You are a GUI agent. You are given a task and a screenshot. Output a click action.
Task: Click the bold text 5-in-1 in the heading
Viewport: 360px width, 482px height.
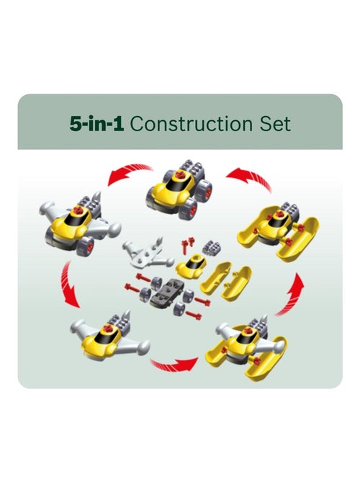pos(96,124)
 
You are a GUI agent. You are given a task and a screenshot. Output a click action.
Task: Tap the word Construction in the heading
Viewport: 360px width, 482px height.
pos(192,124)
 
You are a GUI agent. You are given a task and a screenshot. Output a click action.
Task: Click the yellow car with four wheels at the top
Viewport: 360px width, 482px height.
pos(180,190)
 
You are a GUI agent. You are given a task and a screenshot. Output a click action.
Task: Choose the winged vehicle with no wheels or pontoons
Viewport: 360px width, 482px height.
pos(110,336)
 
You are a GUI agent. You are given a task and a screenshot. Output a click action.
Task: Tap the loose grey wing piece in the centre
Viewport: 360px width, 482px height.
pos(148,253)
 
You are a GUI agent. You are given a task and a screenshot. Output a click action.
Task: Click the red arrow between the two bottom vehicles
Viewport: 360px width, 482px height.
pos(174,365)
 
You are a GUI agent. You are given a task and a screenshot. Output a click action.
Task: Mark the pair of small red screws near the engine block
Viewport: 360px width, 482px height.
pos(186,245)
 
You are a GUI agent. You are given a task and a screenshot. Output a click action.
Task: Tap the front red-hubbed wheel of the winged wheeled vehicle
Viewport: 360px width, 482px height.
pos(86,246)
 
